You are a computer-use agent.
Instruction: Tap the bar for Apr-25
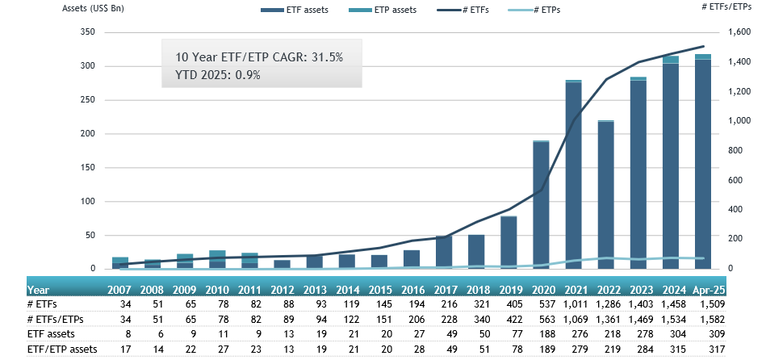point(703,161)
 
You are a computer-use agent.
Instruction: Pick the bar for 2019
point(509,242)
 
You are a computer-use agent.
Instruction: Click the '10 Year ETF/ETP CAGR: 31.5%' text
point(259,57)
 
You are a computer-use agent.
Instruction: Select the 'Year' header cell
point(39,289)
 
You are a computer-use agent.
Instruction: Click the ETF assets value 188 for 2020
point(544,333)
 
